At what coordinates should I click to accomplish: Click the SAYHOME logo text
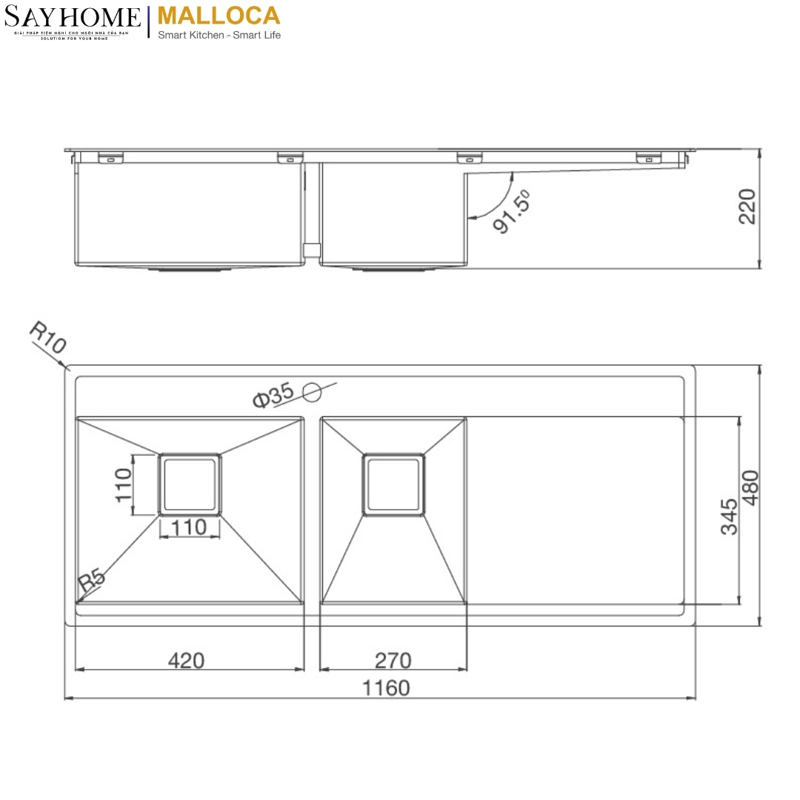click(72, 17)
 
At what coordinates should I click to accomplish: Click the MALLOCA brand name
click(219, 16)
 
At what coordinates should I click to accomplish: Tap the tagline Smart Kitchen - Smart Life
click(219, 35)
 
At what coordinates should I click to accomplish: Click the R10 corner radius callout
click(47, 337)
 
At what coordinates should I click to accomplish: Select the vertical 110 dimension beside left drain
click(123, 485)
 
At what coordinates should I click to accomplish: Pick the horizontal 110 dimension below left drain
click(189, 527)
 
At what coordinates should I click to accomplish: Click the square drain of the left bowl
click(189, 484)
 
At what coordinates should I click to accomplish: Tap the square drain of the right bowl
click(393, 484)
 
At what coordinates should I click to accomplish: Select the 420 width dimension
click(186, 659)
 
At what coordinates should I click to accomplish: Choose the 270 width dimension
click(393, 659)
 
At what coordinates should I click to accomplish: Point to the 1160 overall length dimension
click(385, 688)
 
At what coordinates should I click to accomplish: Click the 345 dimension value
click(729, 516)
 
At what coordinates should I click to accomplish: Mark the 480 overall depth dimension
click(750, 487)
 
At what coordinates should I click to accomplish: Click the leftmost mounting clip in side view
click(109, 157)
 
